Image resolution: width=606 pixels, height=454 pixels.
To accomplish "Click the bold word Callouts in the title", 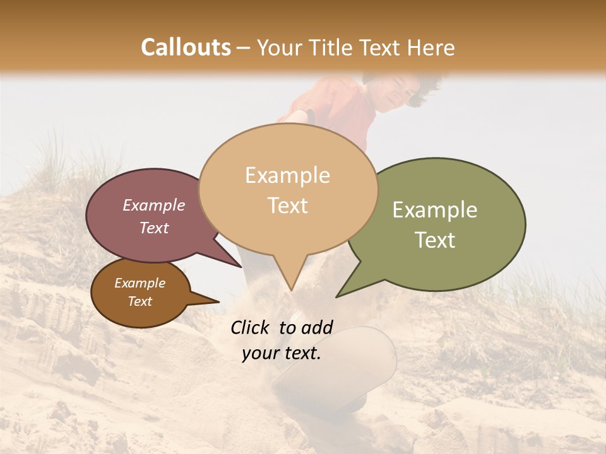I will pyautogui.click(x=186, y=47).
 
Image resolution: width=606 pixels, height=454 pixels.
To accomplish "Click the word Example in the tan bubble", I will pyautogui.click(x=287, y=175).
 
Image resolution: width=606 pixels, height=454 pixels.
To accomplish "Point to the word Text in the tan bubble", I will pyautogui.click(x=287, y=206).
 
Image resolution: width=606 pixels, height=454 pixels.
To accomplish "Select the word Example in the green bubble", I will pyautogui.click(x=435, y=210).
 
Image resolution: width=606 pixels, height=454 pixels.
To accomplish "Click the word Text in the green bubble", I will pyautogui.click(x=435, y=240).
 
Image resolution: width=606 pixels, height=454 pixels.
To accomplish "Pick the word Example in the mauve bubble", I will pyautogui.click(x=153, y=205).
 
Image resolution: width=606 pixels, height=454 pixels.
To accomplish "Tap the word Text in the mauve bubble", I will pyautogui.click(x=153, y=228).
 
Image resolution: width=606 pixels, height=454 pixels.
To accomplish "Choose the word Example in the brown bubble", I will pyautogui.click(x=140, y=283).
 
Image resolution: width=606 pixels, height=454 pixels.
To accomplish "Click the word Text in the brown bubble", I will pyautogui.click(x=140, y=301).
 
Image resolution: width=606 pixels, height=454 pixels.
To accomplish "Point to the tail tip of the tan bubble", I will pyautogui.click(x=290, y=289).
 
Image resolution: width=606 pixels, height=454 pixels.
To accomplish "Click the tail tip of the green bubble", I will pyautogui.click(x=338, y=296).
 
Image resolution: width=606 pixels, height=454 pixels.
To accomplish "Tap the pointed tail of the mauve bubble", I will pyautogui.click(x=241, y=266).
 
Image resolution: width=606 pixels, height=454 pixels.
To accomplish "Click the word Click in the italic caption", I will pyautogui.click(x=252, y=327).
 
